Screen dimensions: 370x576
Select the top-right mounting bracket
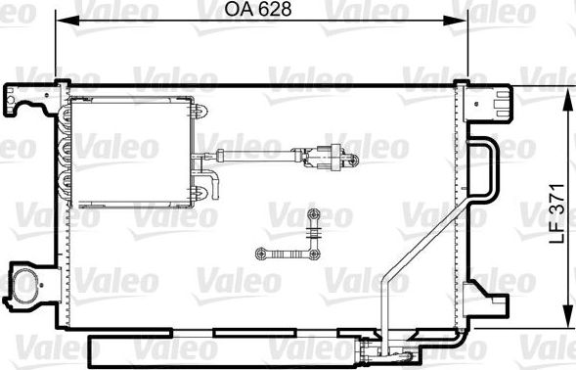(492, 99)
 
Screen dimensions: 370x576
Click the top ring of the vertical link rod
(313, 213)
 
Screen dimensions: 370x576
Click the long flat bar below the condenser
(215, 347)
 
